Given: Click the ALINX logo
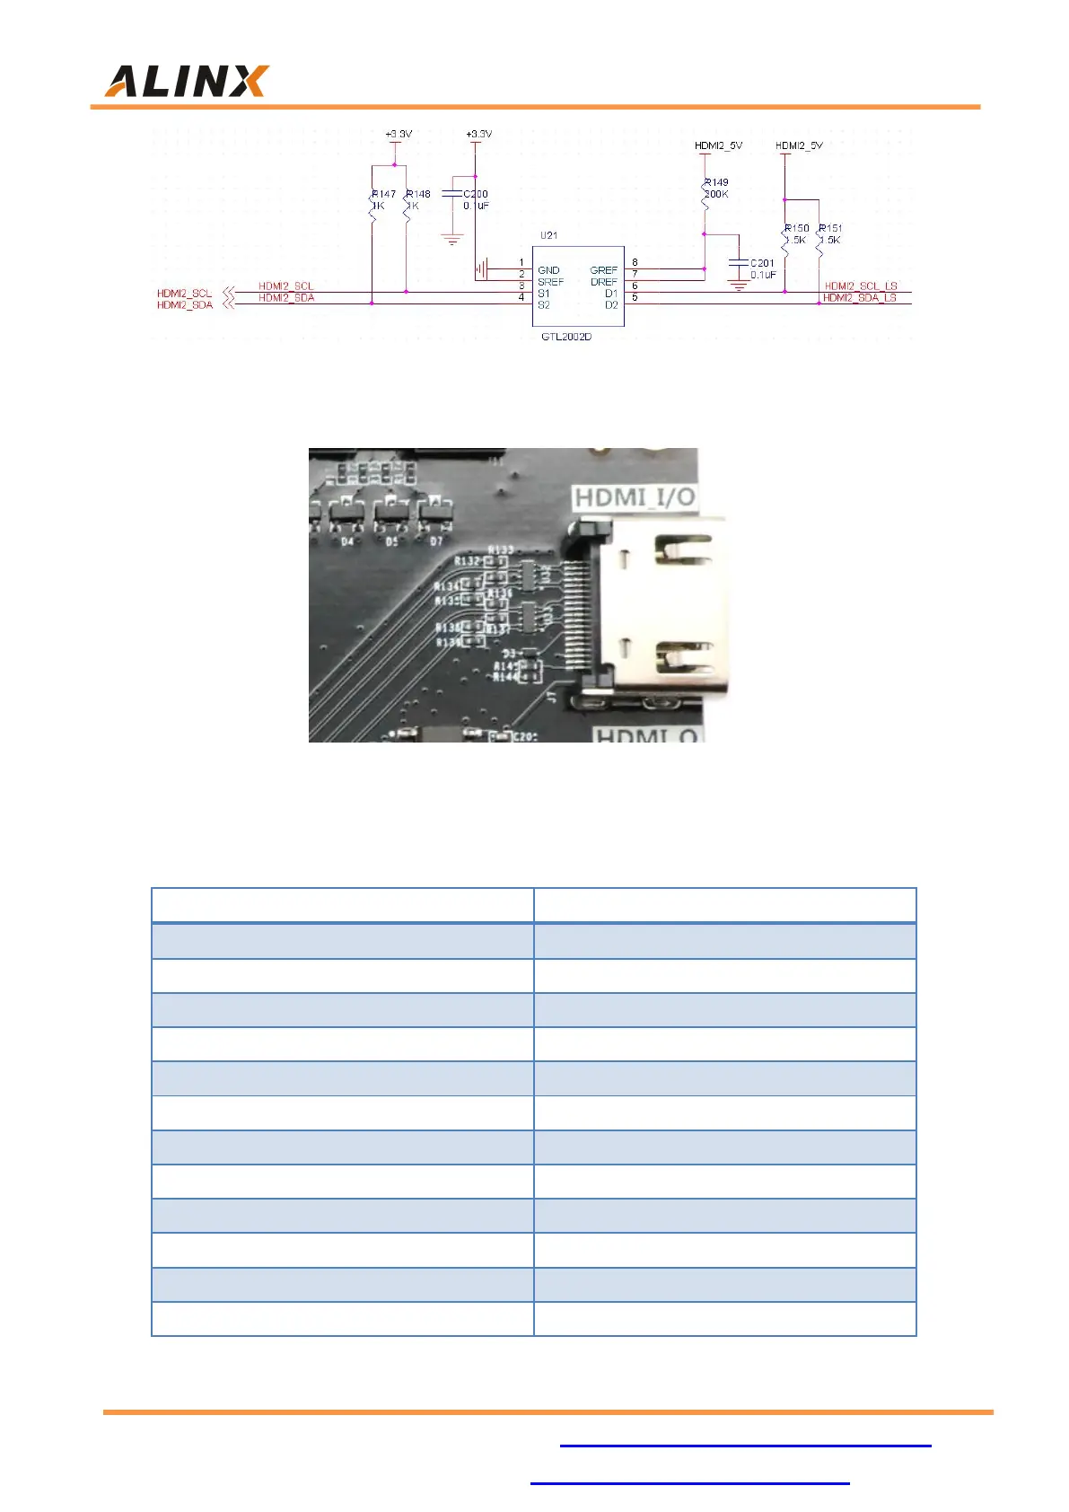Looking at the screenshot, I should [187, 81].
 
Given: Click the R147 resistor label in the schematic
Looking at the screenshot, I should [384, 194].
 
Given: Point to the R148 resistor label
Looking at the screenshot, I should [419, 194].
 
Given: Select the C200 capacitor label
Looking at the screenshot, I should [476, 194].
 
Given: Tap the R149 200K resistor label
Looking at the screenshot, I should [716, 188].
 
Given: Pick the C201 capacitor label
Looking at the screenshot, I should [762, 264].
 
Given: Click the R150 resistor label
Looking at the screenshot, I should [797, 229].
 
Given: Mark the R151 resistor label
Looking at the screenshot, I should [831, 229].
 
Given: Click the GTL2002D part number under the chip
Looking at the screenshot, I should [566, 337].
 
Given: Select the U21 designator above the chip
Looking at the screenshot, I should [548, 235].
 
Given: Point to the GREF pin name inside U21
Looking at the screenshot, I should [604, 270].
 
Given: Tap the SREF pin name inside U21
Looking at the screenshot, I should [550, 282].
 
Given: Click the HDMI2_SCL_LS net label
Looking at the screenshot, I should [861, 286].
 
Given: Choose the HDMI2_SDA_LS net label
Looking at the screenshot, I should [860, 298].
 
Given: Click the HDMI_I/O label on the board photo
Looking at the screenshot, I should [635, 497].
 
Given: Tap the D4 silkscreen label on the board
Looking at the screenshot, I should [347, 541].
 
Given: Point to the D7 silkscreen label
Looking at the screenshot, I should [436, 541].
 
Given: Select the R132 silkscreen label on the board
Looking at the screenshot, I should [467, 561].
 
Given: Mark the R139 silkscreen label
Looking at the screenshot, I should [448, 642].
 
